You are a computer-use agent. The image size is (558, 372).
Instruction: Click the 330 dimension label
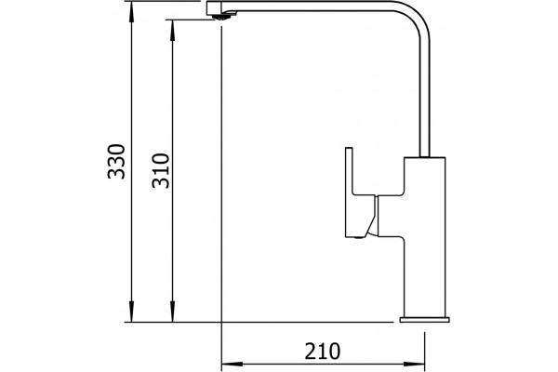click(116, 161)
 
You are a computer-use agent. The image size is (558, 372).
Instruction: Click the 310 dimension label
click(161, 170)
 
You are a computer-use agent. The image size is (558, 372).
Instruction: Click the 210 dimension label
click(323, 352)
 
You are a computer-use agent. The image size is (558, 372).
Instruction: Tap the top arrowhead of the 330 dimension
click(131, 11)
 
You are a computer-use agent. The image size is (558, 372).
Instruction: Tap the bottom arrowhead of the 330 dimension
click(131, 312)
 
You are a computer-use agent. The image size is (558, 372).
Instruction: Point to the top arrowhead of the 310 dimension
click(173, 30)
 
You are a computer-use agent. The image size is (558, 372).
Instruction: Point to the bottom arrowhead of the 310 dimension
click(173, 312)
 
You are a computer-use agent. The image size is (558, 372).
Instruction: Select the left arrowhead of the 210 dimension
click(232, 365)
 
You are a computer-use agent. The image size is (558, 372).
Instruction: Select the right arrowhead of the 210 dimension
click(414, 365)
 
